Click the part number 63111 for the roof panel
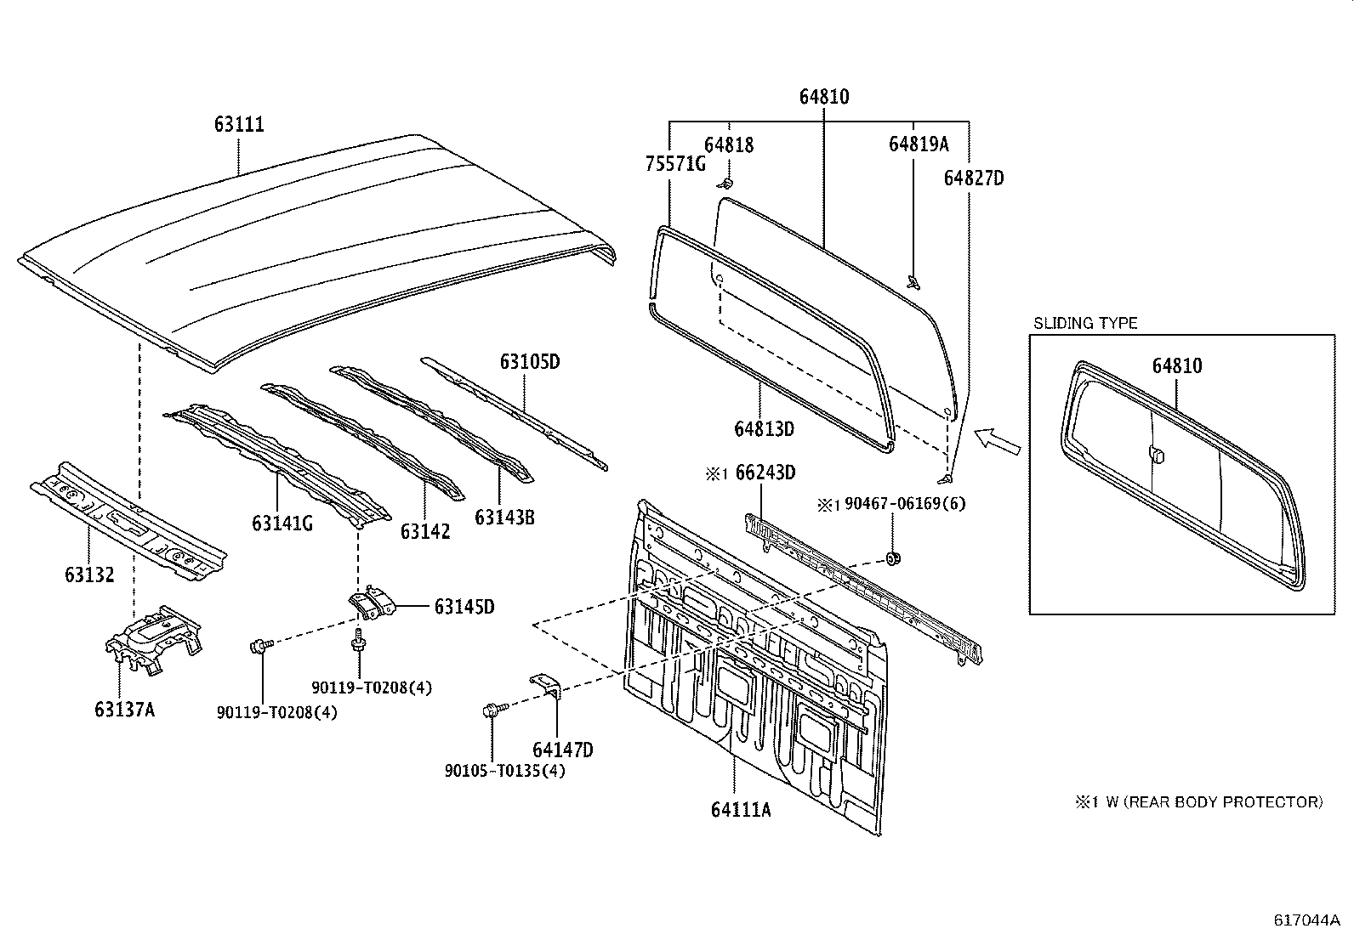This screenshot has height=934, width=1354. (239, 125)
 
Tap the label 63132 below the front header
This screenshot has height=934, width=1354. (88, 575)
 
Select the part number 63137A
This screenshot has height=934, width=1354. (124, 709)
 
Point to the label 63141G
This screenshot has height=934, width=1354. (282, 524)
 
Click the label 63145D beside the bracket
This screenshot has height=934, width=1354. (464, 607)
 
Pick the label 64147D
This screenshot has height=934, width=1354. (563, 750)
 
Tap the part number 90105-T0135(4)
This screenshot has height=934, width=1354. (504, 771)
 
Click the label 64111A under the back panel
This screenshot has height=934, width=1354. (741, 809)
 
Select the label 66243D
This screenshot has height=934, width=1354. (765, 473)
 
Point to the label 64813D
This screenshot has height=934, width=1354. (764, 429)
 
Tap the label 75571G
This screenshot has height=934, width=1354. (675, 164)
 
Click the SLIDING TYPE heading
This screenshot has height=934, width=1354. (1085, 323)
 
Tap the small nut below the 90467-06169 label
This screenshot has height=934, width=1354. (893, 558)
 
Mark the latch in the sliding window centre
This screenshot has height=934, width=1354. (1157, 456)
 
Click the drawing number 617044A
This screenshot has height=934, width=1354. (1306, 920)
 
